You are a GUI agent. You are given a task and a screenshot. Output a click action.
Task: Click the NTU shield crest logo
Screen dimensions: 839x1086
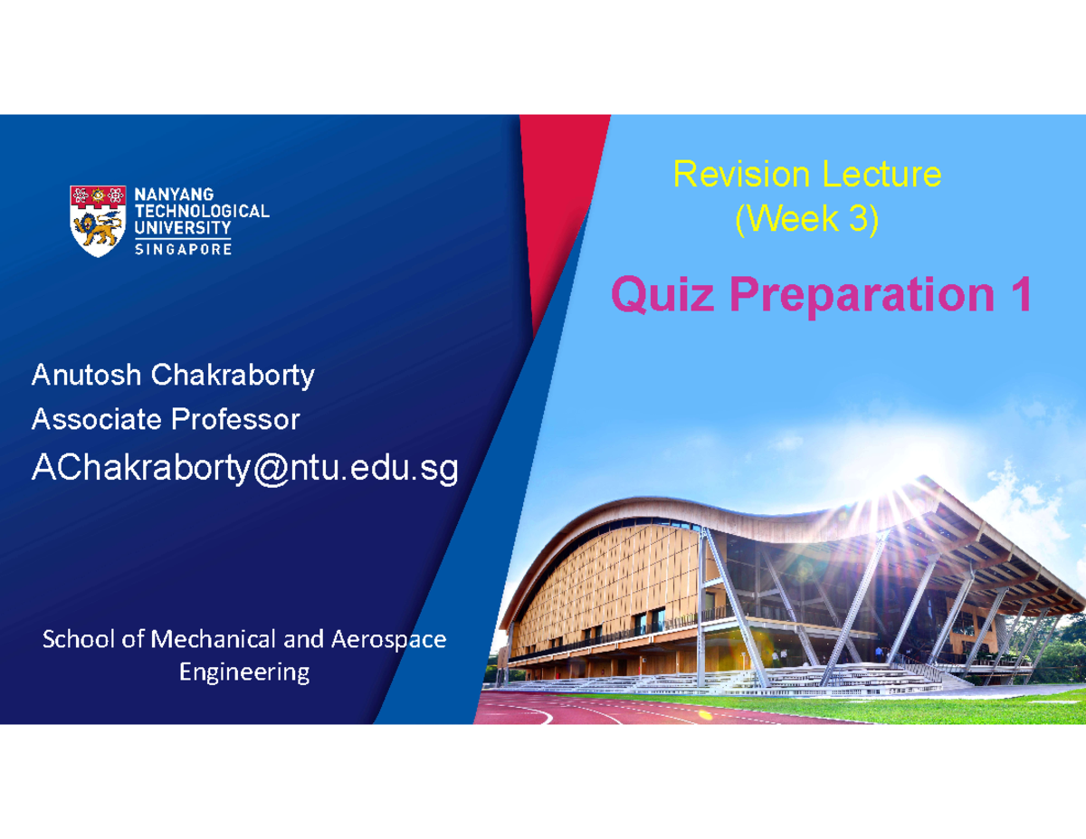99,221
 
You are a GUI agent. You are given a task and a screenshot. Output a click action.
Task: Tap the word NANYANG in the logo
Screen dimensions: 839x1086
174,194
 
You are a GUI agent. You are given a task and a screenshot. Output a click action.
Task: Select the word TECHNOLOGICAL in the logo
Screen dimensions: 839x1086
201,211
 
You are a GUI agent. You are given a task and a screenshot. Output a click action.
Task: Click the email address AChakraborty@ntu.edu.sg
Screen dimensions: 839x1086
244,468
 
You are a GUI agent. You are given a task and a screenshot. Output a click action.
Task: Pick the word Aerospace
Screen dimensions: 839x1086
388,640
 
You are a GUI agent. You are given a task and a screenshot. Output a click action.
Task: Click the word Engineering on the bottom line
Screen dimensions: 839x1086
244,672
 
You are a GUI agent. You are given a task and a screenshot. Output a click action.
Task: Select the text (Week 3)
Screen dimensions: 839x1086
806,220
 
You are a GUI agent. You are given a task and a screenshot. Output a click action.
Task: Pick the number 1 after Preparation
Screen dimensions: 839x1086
1021,295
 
